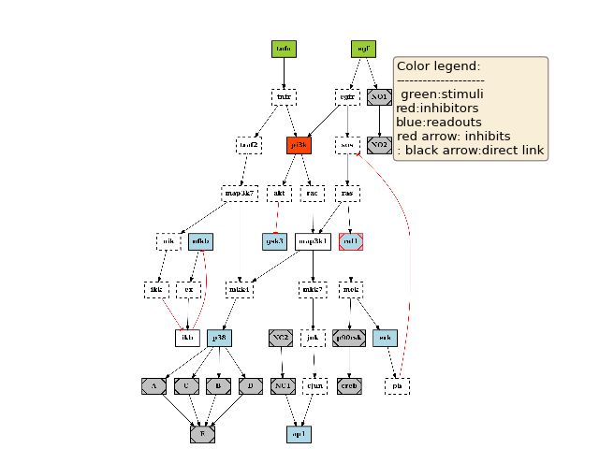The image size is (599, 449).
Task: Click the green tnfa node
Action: coord(284,48)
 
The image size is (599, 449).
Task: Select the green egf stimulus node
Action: coord(362,48)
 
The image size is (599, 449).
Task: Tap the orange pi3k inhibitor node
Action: coord(299,145)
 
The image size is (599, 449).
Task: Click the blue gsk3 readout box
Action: coord(274,241)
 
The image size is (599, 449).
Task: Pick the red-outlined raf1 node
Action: coord(351,241)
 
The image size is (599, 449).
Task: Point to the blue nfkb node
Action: coord(200,241)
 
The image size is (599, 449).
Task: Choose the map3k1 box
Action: coord(313,241)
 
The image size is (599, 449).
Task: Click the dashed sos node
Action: coord(347,145)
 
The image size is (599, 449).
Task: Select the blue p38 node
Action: coord(219,337)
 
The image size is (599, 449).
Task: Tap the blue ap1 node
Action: coord(299,434)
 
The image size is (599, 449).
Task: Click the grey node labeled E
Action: coord(202,434)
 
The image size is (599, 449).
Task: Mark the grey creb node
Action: coord(348,385)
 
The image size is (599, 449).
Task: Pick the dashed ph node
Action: coord(398,385)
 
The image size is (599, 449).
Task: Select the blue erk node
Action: coord(385,337)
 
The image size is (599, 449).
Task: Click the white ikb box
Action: coord(187,337)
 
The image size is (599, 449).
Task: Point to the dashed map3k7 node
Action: coord(239,194)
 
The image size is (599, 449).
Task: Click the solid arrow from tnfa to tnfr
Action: coord(284,73)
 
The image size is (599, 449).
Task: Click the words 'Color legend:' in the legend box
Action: coord(438,66)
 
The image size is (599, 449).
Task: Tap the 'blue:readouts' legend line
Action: coord(440,122)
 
